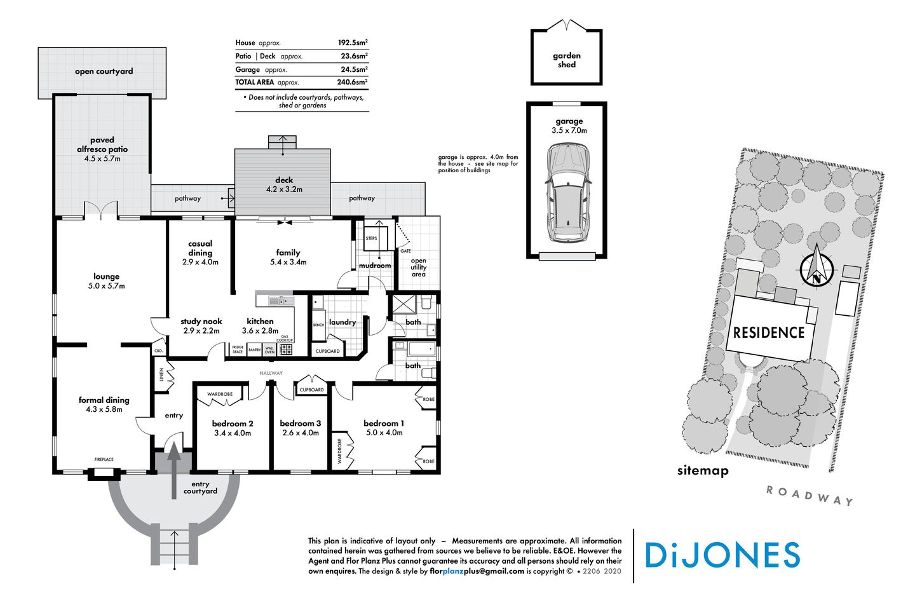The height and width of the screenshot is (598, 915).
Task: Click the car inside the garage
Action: [567, 193]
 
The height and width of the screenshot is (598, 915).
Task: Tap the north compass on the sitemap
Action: [816, 269]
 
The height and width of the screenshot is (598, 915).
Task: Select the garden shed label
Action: [567, 60]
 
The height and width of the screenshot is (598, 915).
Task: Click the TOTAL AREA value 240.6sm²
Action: [352, 82]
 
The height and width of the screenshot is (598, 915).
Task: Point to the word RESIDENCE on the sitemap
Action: [769, 333]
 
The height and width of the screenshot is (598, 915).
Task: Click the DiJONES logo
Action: [722, 555]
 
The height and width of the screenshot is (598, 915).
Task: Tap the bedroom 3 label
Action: [301, 423]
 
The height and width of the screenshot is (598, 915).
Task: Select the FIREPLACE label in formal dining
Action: [104, 459]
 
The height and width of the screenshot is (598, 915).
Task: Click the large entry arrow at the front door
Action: [173, 470]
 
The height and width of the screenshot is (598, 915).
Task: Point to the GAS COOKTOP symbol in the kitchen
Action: [287, 349]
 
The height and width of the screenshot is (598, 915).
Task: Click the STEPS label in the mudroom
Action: [371, 238]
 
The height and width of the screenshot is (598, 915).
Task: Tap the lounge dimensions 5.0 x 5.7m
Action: [106, 286]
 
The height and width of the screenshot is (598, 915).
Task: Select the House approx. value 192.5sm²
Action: [352, 43]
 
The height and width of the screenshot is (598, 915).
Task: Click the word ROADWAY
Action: [810, 495]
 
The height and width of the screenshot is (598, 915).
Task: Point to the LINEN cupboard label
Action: [162, 375]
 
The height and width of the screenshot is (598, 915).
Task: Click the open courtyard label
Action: [104, 71]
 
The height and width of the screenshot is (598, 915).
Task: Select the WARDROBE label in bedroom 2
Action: [220, 394]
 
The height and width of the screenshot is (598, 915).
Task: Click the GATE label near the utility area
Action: [405, 251]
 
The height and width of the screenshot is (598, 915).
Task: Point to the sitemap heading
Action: [702, 471]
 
